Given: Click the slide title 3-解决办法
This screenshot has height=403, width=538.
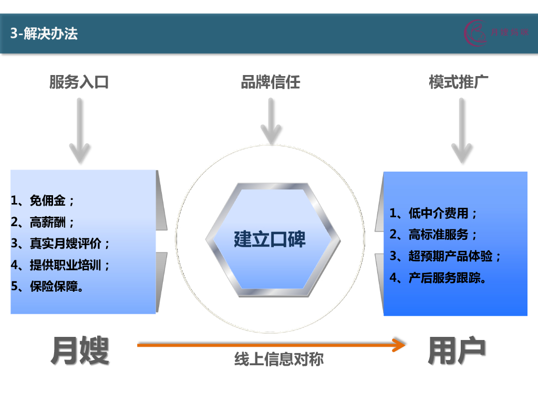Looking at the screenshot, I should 44,34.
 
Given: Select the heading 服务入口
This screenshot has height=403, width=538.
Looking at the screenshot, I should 79,82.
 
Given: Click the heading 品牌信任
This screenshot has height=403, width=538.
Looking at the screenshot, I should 270,82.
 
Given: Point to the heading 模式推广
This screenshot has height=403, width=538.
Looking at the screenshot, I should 459,82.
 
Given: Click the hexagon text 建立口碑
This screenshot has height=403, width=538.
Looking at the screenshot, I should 270,239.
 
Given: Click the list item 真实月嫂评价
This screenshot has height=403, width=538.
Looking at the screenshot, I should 61,243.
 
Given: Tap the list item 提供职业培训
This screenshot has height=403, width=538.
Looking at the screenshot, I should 61,265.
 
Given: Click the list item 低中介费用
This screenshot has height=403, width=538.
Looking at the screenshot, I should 434,213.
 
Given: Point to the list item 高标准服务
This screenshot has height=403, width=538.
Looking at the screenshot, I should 434,235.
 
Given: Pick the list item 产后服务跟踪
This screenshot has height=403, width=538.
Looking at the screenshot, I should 438,278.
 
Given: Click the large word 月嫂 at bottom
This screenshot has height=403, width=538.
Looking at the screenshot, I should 80,351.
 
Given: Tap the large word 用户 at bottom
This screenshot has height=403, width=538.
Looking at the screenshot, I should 456,351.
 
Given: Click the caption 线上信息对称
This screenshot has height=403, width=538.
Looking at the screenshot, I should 279,359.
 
